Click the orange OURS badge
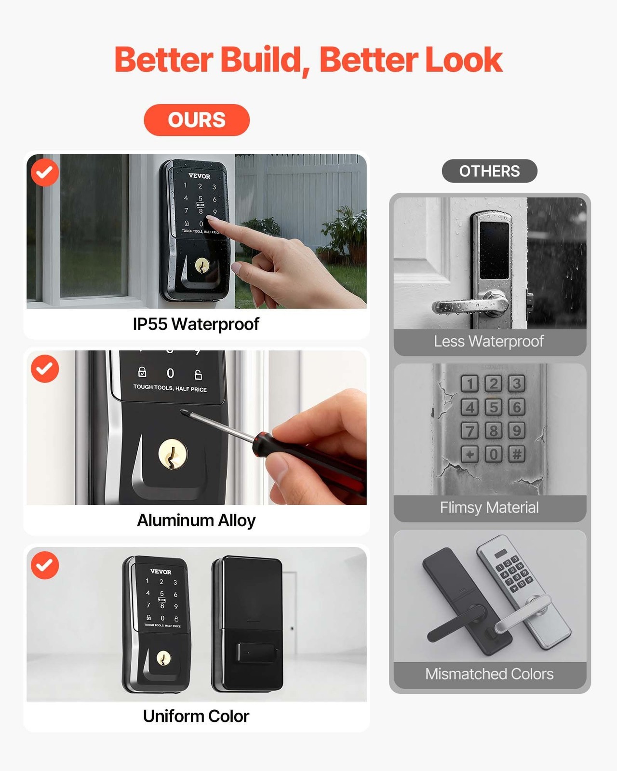pos(197,120)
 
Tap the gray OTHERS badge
pos(489,171)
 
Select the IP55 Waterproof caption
pos(196,324)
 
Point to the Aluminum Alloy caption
pos(196,520)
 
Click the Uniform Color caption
pos(196,716)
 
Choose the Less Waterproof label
pos(489,341)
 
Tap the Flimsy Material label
pos(489,507)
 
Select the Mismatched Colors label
pos(489,674)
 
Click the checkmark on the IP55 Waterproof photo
pos(45,173)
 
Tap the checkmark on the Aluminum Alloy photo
pos(45,369)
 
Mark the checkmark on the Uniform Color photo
pos(45,565)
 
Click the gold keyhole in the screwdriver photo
pos(173,454)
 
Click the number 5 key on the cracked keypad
pos(493,407)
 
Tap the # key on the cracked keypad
pos(517,454)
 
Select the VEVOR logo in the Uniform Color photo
pos(161,572)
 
